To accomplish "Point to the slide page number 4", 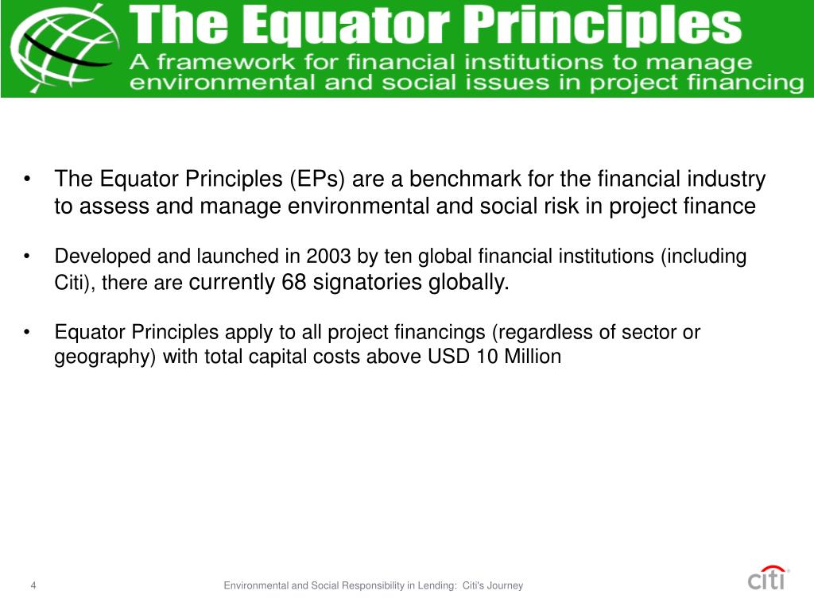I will click(33, 586).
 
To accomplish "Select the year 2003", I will click(327, 257).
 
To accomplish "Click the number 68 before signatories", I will click(294, 283).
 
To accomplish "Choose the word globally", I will click(469, 283).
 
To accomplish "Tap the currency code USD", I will click(449, 357).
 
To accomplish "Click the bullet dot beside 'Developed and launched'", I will click(28, 257).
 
